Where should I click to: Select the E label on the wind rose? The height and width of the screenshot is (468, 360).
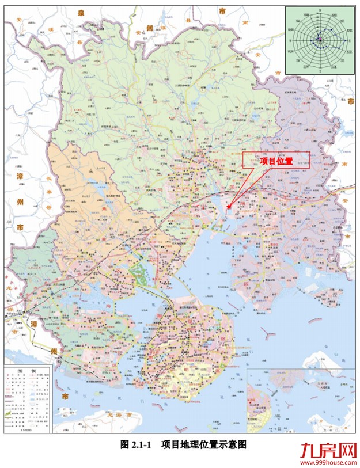(x=350, y=41)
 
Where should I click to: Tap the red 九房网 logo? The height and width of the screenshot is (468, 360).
(x=326, y=449)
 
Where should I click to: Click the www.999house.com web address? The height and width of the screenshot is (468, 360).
(x=326, y=462)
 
